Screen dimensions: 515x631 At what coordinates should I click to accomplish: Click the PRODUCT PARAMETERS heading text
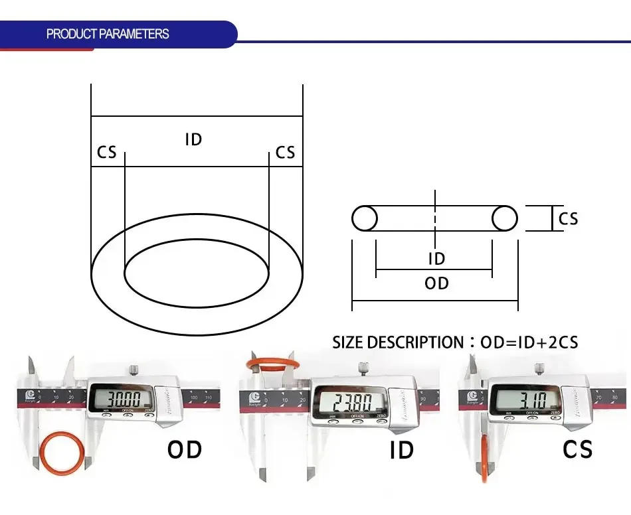coord(108,34)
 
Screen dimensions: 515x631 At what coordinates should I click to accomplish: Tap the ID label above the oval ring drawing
coord(193,139)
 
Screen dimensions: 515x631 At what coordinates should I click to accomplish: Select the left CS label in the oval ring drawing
coord(106,153)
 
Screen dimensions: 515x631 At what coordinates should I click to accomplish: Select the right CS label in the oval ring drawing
coord(285,153)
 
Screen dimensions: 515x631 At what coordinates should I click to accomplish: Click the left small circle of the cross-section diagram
coord(365,218)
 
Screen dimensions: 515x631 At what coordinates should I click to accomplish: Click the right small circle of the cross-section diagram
coord(505,218)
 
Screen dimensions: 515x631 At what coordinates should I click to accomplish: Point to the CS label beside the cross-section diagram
coord(568,218)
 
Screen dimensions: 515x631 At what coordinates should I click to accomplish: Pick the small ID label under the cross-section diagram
coord(436,259)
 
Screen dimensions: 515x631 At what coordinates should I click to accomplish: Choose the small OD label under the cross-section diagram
coord(436,283)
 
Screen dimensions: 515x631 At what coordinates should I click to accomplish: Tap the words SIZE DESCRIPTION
coord(397,342)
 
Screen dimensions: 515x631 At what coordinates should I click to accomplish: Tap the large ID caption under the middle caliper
coord(401,450)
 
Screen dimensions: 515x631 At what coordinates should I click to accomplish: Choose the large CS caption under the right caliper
coord(577,449)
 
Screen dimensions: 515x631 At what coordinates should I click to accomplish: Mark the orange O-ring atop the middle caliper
coord(273,364)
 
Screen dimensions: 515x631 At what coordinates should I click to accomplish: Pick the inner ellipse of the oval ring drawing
coord(197,274)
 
